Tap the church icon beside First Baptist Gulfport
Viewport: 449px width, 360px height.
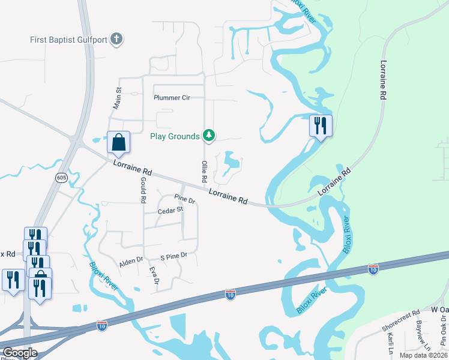coord(117,40)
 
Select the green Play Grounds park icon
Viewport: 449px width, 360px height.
coord(208,136)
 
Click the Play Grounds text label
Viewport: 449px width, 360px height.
coord(175,136)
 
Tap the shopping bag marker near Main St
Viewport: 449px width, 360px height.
coord(119,143)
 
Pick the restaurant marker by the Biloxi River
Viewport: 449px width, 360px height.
coord(321,126)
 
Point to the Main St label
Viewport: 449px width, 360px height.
coord(118,98)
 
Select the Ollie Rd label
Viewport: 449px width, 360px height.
coord(204,172)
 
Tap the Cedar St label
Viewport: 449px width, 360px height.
coord(170,211)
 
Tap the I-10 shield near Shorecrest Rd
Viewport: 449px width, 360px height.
coord(373,269)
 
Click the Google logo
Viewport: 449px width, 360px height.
coord(19,352)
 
